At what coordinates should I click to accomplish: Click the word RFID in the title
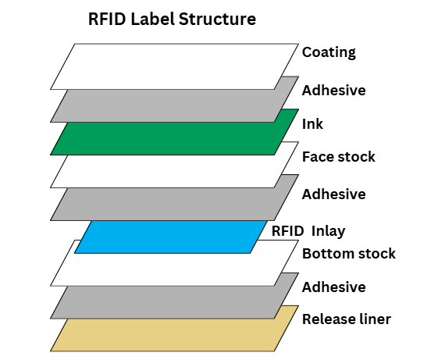(x=107, y=19)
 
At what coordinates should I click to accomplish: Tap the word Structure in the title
(x=217, y=19)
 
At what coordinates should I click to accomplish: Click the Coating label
(x=329, y=52)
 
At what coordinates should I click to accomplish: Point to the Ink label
(x=312, y=124)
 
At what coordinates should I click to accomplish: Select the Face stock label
(x=338, y=157)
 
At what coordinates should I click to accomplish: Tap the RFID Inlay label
(x=308, y=231)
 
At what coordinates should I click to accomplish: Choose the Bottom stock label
(x=348, y=253)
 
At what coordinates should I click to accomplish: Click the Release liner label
(x=347, y=319)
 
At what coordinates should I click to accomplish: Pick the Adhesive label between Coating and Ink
(x=333, y=91)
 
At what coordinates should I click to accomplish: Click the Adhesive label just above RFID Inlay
(x=333, y=194)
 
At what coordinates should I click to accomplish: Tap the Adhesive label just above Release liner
(x=333, y=287)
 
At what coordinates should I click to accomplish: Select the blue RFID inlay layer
(x=170, y=237)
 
